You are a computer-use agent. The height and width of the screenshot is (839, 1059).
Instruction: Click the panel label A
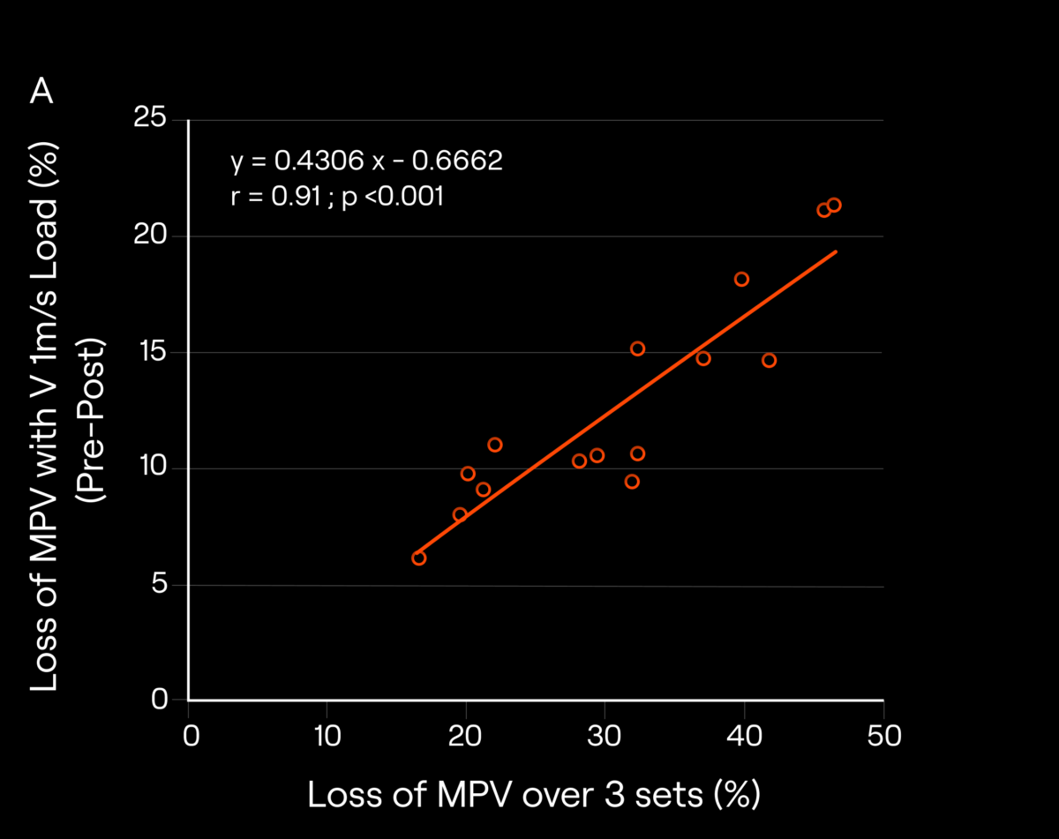41,91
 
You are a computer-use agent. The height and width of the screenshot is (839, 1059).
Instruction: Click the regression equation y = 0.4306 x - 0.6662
366,161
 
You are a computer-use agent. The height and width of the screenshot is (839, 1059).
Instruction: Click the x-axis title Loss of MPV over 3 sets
533,795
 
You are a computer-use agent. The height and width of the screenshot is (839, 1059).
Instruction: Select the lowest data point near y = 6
418,558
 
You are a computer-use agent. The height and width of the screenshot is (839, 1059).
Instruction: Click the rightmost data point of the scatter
834,205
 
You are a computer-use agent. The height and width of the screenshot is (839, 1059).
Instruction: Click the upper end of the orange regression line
835,251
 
